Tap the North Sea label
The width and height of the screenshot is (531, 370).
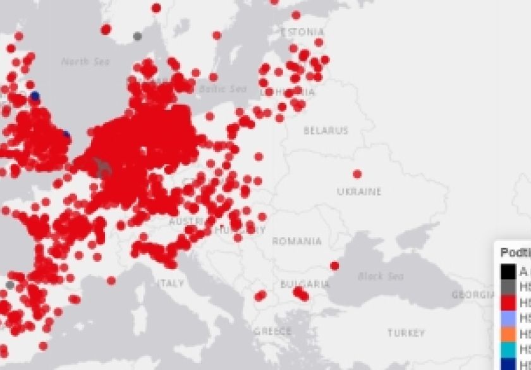coord(85,61)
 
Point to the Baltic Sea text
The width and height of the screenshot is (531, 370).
coord(223,89)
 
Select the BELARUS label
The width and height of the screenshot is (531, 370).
coord(326,131)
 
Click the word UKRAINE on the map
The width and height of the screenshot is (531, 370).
coord(359,192)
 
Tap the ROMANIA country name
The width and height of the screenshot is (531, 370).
coord(297,241)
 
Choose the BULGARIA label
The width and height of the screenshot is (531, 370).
coord(305,284)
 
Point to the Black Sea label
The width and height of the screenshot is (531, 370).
coord(381,276)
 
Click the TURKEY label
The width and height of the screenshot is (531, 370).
coord(406,333)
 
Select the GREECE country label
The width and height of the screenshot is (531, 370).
coord(272,331)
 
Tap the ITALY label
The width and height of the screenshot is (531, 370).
coord(171,283)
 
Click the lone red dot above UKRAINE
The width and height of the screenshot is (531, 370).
coord(357,174)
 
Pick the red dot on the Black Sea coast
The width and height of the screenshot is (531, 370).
coord(334,266)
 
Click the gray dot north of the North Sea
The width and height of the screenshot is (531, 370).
coord(137,36)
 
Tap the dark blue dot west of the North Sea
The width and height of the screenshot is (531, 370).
coord(35,96)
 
